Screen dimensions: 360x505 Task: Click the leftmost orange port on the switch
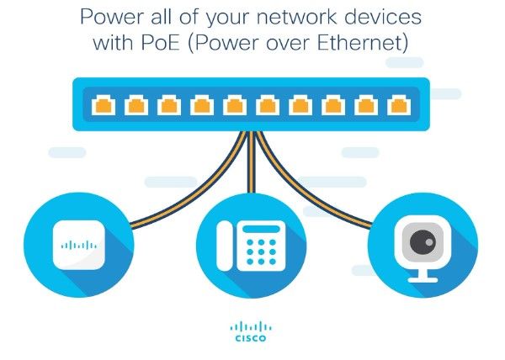tap(104, 106)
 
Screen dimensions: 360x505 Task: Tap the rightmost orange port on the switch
tap(397, 106)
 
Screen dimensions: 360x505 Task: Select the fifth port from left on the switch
tap(234, 106)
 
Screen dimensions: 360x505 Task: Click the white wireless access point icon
tap(80, 246)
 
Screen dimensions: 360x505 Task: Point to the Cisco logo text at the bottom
tap(251, 339)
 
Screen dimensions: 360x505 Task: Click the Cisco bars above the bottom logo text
tap(251, 326)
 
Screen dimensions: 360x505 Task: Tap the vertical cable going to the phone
tap(252, 177)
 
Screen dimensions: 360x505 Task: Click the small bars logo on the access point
tap(80, 246)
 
